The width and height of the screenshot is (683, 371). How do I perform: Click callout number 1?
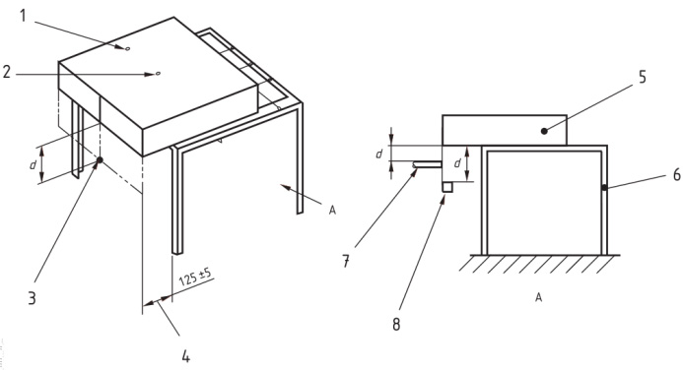tap(23, 16)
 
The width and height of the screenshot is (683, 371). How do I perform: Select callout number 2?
tap(7, 72)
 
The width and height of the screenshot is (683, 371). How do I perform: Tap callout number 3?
tap(32, 298)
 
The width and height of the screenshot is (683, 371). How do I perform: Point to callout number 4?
tap(186, 356)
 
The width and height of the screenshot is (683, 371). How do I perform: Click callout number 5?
tap(643, 77)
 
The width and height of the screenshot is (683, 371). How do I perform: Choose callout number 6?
tap(676, 175)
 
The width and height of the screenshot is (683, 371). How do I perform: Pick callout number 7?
tap(345, 262)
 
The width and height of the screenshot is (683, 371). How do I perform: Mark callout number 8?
tap(396, 324)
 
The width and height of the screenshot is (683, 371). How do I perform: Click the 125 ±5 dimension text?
tap(195, 277)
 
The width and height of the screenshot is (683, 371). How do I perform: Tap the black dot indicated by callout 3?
tap(100, 160)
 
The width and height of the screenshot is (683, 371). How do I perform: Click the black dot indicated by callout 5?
tap(544, 131)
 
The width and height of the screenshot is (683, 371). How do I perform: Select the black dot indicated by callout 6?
tap(604, 187)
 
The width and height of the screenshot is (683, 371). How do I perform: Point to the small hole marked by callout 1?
tap(127, 49)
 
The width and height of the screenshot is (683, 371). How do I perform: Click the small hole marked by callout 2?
tap(158, 74)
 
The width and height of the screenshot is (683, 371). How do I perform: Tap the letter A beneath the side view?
tap(539, 297)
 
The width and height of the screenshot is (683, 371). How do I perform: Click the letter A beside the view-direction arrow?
tap(332, 211)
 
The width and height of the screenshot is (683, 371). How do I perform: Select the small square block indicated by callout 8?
tap(447, 187)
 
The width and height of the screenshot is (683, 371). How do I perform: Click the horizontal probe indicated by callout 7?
tap(427, 164)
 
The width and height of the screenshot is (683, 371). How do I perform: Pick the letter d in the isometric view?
tap(33, 165)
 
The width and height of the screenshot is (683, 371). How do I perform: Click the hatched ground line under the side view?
tap(539, 264)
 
